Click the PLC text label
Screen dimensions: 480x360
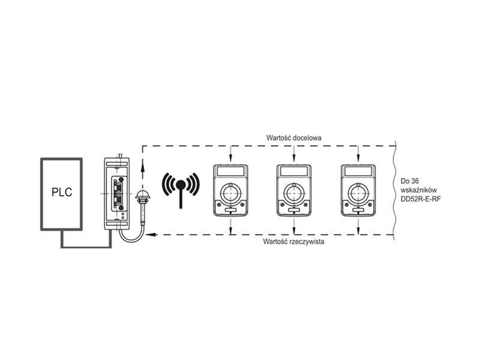(62, 192)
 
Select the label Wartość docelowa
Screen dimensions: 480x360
(294, 138)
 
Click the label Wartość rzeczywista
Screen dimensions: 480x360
(293, 242)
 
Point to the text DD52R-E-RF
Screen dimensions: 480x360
(421, 199)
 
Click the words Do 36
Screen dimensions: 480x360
(410, 181)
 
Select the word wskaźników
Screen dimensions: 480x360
(419, 190)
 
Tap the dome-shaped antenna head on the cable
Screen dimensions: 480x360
(143, 194)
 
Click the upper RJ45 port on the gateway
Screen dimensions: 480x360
(118, 186)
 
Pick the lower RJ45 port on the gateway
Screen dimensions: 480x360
(118, 201)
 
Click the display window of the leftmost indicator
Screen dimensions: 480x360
(230, 171)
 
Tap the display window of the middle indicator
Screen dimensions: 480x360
(294, 171)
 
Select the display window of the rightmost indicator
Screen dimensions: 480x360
(358, 171)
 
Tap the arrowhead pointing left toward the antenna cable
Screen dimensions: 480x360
(151, 235)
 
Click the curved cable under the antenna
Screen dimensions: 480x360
(131, 239)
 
